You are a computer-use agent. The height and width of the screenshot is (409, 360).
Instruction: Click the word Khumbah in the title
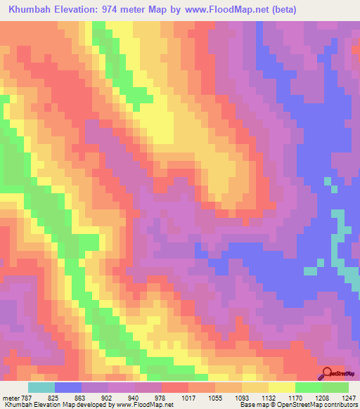pyautogui.click(x=29, y=10)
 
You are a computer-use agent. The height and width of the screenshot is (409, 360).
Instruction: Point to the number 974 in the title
pyautogui.click(x=116, y=10)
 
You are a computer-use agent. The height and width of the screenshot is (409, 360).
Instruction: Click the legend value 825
pyautogui.click(x=63, y=397)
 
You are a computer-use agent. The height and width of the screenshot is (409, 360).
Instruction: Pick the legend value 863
pyautogui.click(x=90, y=397)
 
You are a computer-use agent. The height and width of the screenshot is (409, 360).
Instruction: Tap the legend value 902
pyautogui.click(x=117, y=397)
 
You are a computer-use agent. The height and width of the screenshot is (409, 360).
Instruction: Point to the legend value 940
pyautogui.click(x=143, y=397)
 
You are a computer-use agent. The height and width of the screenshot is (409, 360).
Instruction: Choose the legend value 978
pyautogui.click(x=170, y=397)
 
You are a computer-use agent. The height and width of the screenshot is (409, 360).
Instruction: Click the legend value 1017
pyautogui.click(x=198, y=397)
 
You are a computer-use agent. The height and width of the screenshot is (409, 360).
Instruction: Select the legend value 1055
pyautogui.click(x=225, y=397)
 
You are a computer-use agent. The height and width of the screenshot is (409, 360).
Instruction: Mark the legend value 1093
pyautogui.click(x=252, y=397)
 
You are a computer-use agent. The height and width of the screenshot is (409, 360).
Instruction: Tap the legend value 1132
pyautogui.click(x=278, y=397)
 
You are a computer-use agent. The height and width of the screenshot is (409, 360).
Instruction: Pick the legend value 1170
pyautogui.click(x=305, y=397)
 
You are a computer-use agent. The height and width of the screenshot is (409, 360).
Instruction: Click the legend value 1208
pyautogui.click(x=332, y=397)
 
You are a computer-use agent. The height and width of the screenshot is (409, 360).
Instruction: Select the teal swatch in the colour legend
pyautogui.click(x=41, y=387)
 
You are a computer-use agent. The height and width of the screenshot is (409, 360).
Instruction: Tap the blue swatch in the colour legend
pyautogui.click(x=68, y=387)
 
